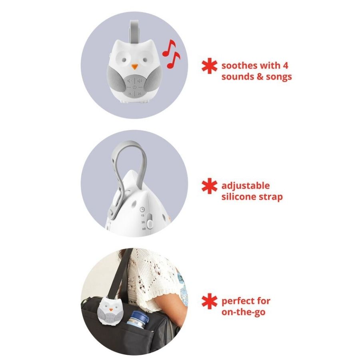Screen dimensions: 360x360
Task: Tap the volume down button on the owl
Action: (x=130, y=80)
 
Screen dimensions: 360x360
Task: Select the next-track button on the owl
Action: (x=139, y=94)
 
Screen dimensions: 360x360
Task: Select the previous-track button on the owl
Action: (x=130, y=94)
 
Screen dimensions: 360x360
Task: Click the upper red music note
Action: (x=168, y=48)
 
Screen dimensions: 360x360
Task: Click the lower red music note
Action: (x=175, y=60)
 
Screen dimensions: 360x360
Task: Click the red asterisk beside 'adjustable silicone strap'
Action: (x=209, y=186)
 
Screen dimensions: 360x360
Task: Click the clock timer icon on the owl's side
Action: (x=142, y=209)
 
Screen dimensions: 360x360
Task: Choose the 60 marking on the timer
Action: (x=143, y=228)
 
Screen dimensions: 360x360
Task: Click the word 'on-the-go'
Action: (x=243, y=312)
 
